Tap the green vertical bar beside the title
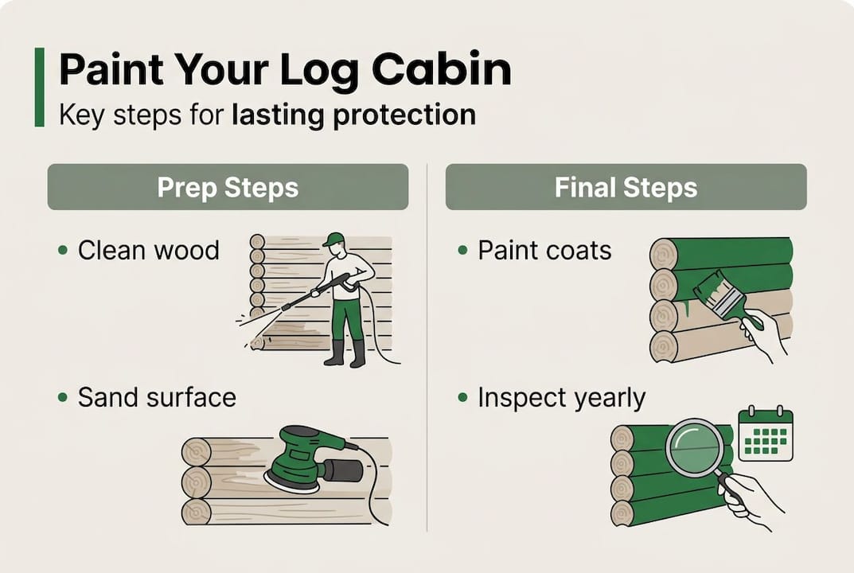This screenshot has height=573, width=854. pyautogui.click(x=39, y=87)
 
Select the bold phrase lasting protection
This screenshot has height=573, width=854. pyautogui.click(x=353, y=115)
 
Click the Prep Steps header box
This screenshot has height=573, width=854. pyautogui.click(x=228, y=187)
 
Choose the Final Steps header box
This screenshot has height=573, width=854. pyautogui.click(x=626, y=187)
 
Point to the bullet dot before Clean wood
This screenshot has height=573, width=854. pyautogui.click(x=63, y=251)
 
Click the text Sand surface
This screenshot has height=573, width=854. pyautogui.click(x=157, y=397)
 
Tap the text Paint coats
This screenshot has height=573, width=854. pyautogui.click(x=544, y=251)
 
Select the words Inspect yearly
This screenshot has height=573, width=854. pyautogui.click(x=561, y=397)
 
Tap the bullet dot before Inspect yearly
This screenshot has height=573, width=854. pyautogui.click(x=462, y=397)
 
